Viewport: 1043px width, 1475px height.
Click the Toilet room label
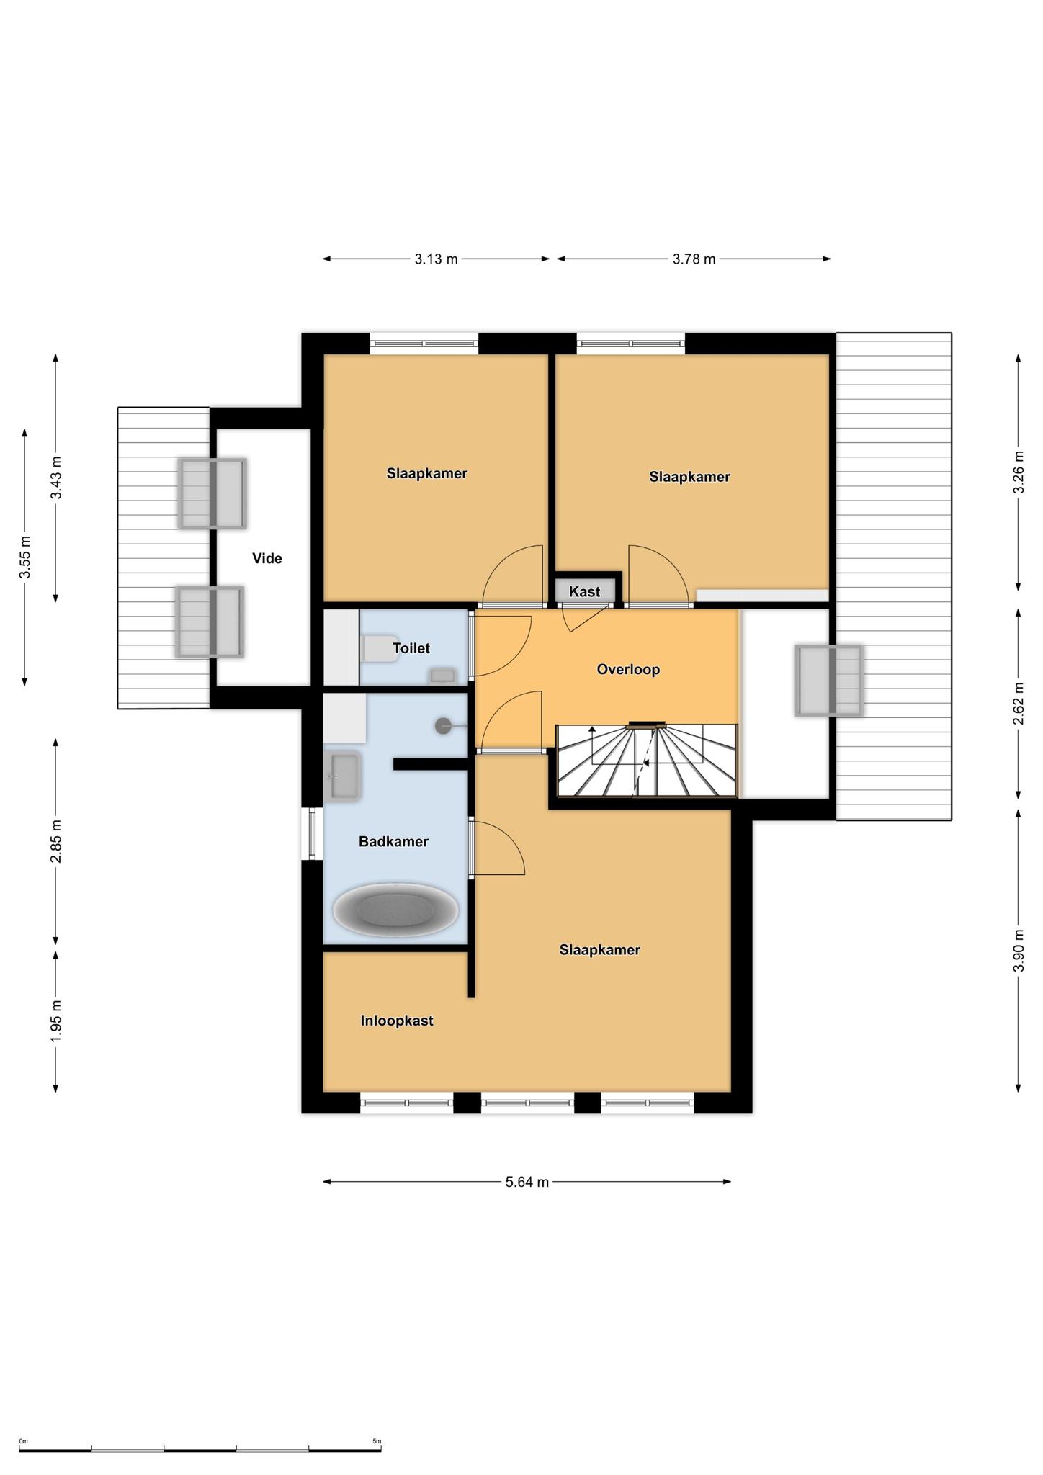coord(411,648)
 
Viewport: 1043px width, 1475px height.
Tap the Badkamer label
coord(393,841)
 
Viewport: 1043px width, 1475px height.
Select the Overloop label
coord(628,670)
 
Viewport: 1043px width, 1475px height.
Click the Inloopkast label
coord(397,1021)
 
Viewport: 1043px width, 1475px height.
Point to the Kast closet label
coord(584,592)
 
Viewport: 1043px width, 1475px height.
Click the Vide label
coord(267,558)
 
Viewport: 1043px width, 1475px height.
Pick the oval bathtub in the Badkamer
coord(395,910)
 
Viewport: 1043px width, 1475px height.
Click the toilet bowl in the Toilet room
coord(375,648)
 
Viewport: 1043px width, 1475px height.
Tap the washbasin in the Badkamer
coord(343,776)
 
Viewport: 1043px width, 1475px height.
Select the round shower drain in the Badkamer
coord(444,726)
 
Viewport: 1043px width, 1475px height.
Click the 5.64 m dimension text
coord(527,1182)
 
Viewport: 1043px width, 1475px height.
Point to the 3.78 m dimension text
coord(694,259)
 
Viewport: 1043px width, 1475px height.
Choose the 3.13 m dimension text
coord(436,259)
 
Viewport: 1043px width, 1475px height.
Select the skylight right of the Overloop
coord(829,681)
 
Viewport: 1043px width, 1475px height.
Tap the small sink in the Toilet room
coord(443,676)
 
